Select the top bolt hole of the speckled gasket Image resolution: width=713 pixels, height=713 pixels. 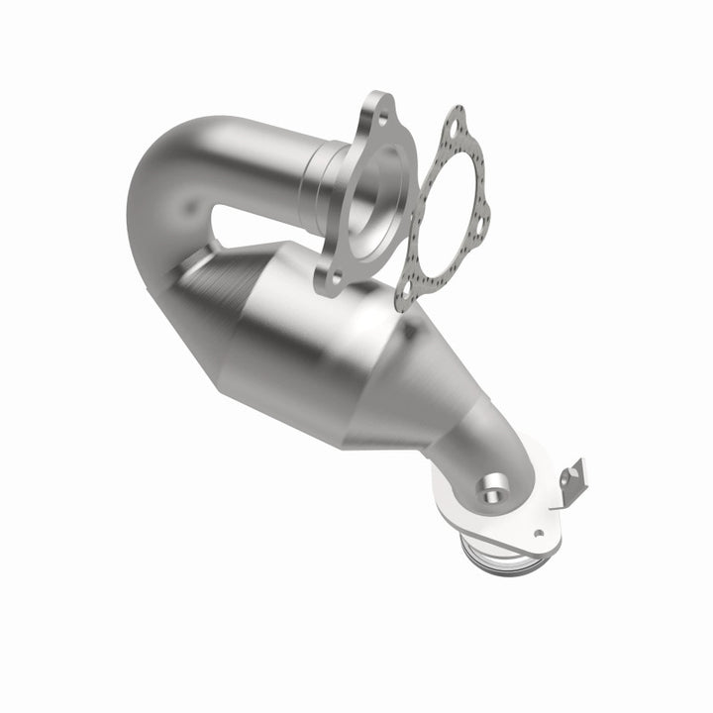click(x=455, y=127)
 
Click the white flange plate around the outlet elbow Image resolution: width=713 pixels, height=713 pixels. click(x=465, y=495)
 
